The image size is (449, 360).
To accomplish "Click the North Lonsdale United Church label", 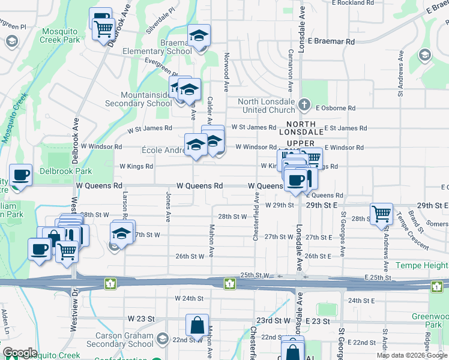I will pos(266,106).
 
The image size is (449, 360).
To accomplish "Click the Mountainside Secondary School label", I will pos(146,99).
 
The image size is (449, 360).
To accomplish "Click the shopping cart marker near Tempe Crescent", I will pos(382,214).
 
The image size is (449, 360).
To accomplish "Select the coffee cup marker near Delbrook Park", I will pos(21,175).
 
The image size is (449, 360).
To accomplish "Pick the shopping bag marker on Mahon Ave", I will pos(197,326).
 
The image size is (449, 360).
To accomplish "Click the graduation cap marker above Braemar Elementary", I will pos(199,36).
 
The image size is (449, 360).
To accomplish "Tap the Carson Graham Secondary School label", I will pos(120,340).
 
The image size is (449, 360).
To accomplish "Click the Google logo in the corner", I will pos(19,353).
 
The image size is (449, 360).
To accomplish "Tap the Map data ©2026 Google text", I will pos(412,355).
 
